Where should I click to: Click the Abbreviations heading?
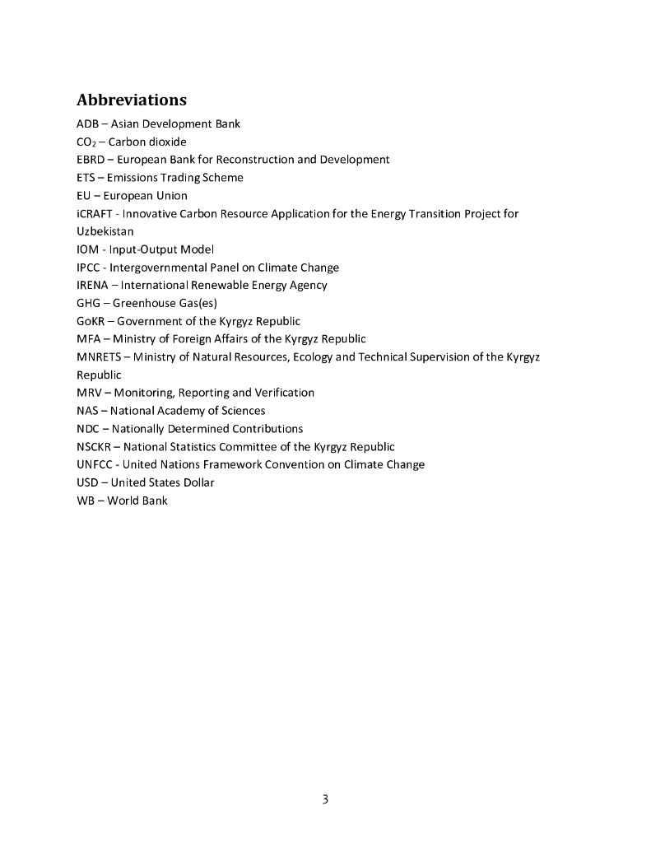[x=132, y=100]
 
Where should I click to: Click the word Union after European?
[x=172, y=196]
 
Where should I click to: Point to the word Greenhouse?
[x=144, y=303]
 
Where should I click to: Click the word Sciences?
[x=243, y=411]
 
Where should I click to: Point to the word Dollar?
[x=195, y=482]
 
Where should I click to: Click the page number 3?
[x=325, y=799]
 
